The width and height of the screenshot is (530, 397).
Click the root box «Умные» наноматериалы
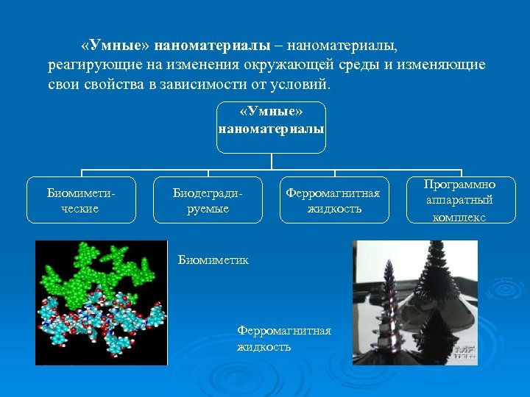tap(272, 127)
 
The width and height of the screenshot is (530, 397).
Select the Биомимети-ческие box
tap(82, 200)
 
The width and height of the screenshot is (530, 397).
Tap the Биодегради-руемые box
tap(208, 200)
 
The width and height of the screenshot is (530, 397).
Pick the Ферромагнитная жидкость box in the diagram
tap(334, 200)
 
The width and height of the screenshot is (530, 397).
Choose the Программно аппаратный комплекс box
tap(460, 200)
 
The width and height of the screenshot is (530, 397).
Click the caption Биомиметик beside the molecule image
tap(213, 260)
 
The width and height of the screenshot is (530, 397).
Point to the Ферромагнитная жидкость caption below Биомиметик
tap(283, 338)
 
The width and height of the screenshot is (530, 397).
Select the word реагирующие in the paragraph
tap(85, 65)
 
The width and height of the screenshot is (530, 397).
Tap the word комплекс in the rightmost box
tap(459, 218)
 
